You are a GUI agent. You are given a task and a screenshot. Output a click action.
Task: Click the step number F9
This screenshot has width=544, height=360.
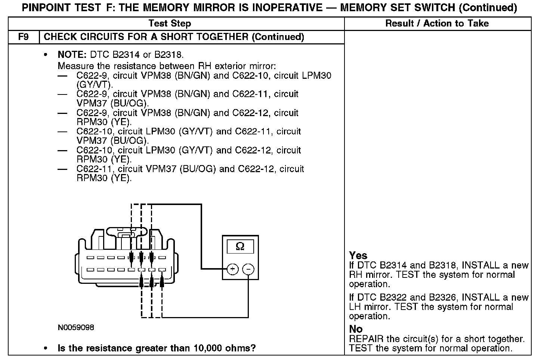click(23, 37)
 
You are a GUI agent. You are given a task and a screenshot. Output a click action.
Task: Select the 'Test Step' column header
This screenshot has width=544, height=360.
click(170, 24)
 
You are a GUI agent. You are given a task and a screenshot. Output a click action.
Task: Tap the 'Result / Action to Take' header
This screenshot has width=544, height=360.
click(437, 24)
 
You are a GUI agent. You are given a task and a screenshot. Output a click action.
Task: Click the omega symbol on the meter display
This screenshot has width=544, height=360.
click(240, 246)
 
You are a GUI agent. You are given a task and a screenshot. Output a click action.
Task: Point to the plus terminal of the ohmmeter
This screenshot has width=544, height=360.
click(232, 269)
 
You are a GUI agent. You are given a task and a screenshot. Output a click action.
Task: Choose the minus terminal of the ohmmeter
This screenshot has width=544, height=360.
click(249, 269)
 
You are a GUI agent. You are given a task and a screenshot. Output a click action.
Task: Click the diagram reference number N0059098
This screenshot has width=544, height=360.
click(76, 328)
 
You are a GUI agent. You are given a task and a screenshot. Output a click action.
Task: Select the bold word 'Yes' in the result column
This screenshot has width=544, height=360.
click(358, 255)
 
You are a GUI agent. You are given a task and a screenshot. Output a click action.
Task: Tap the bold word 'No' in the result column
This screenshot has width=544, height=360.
click(356, 329)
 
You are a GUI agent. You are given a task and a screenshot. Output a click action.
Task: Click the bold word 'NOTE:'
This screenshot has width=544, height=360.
click(72, 55)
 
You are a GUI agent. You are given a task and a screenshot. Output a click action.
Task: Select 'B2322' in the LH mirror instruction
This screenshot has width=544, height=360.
click(393, 298)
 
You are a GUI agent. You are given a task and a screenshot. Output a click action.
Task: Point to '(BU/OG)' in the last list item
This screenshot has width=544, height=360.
click(198, 169)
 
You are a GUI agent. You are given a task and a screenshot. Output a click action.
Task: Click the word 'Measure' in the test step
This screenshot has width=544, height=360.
click(74, 66)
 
